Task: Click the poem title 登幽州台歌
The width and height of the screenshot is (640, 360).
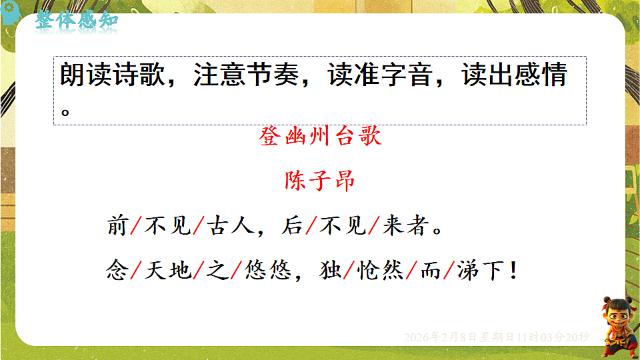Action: point(319,137)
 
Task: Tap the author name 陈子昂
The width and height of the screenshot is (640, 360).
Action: point(319,181)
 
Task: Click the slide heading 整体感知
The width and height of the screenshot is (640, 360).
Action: point(77,19)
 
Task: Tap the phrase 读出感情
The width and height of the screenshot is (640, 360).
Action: point(514,76)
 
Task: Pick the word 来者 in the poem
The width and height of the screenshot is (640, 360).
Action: point(404,227)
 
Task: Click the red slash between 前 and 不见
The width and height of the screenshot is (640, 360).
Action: point(134,227)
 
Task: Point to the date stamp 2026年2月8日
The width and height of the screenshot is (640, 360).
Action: point(440,337)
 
